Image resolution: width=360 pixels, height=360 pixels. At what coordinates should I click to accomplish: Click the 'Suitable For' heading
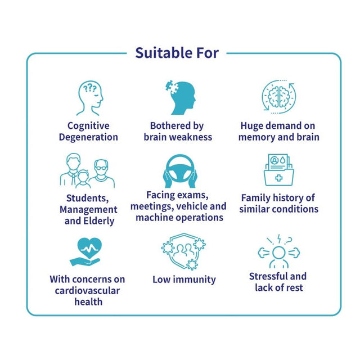pos(177,53)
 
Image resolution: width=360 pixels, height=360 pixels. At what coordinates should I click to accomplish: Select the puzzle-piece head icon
pos(180,97)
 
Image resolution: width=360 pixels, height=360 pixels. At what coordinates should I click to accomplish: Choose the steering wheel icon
pos(180,171)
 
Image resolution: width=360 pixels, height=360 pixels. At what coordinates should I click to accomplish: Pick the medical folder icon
pos(278,170)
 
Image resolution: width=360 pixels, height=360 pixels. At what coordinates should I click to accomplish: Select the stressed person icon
pos(278,252)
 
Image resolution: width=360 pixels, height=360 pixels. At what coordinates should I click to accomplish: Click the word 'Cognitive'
pos(88,126)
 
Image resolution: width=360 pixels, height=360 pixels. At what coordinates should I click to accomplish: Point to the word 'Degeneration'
pos(88,137)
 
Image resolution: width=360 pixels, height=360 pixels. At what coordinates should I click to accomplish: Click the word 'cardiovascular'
pos(87,290)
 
